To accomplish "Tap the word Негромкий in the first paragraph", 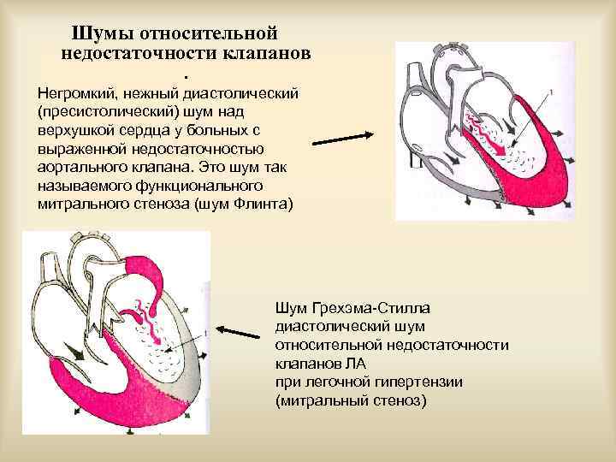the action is (x=76, y=92).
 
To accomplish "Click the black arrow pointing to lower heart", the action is (x=240, y=328).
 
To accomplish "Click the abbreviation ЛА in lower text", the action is (x=344, y=363).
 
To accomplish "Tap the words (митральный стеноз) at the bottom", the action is (x=351, y=400).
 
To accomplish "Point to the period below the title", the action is (x=185, y=68).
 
